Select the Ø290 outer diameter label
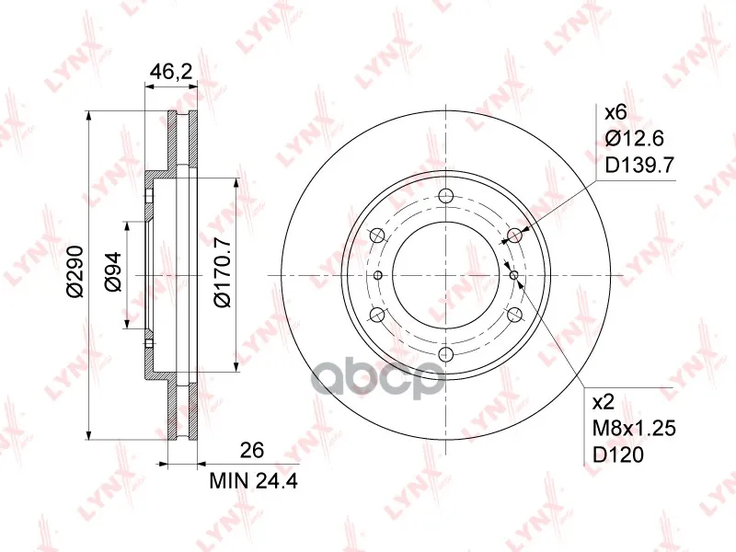tap(75, 271)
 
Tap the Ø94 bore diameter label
tap(113, 272)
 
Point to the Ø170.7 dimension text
tap(222, 272)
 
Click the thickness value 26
tap(252, 450)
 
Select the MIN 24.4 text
tap(254, 481)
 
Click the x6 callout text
tap(615, 112)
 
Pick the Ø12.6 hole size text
tap(634, 139)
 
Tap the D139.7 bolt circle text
tap(639, 165)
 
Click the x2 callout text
tap(604, 402)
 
